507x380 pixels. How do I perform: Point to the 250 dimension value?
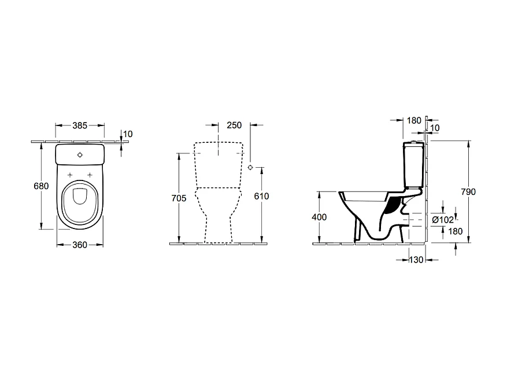point(234,125)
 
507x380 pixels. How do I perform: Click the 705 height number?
point(179,198)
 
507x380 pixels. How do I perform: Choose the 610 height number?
point(261,197)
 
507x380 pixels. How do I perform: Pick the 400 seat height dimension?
point(319,217)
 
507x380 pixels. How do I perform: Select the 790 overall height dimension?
point(469,192)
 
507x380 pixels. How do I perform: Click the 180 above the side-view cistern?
point(414,120)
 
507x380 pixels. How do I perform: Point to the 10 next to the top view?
point(128,134)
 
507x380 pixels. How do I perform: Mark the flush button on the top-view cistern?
point(80,154)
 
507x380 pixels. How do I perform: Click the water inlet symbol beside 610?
point(250,167)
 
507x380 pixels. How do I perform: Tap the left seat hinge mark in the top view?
point(71,175)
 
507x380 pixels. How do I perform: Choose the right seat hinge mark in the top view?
point(90,175)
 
